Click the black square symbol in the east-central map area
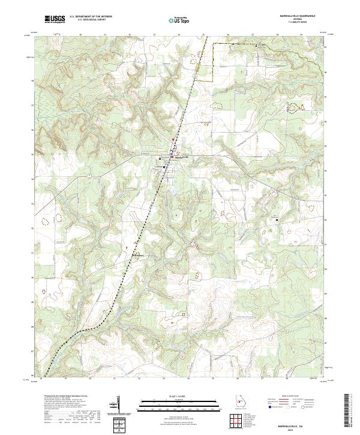[x=277, y=220]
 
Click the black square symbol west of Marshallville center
[x=160, y=159]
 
